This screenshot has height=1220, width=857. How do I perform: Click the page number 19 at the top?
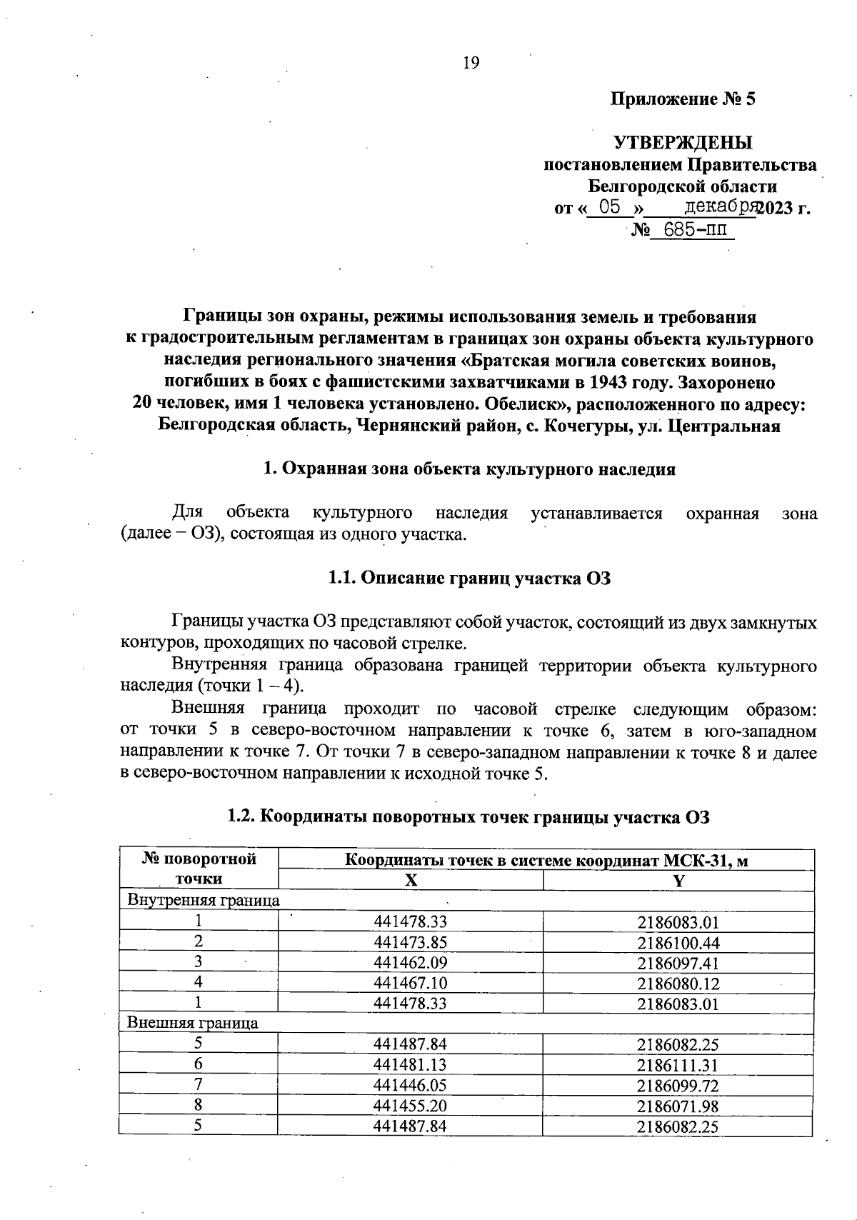pyautogui.click(x=471, y=64)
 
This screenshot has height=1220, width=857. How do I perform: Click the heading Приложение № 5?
pyautogui.click(x=682, y=99)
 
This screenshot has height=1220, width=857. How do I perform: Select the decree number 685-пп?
pyautogui.click(x=689, y=230)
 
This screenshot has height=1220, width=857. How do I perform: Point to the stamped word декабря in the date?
pyautogui.click(x=720, y=207)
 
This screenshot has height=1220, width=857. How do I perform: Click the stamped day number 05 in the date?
pyautogui.click(x=609, y=208)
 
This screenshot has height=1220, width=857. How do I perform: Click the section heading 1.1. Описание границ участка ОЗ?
pyautogui.click(x=469, y=579)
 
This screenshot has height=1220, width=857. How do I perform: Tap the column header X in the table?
pyautogui.click(x=411, y=881)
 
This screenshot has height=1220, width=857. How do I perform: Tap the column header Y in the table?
pyautogui.click(x=678, y=881)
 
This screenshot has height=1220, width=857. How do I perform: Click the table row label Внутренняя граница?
pyautogui.click(x=204, y=900)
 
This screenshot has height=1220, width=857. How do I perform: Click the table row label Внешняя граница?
pyautogui.click(x=193, y=1023)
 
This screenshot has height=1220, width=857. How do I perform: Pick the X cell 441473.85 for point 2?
pyautogui.click(x=410, y=942)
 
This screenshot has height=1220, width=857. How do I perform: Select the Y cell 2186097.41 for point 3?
pyautogui.click(x=678, y=963)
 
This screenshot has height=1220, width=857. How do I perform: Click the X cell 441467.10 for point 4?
pyautogui.click(x=410, y=984)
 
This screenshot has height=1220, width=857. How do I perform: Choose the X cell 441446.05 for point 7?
pyautogui.click(x=410, y=1086)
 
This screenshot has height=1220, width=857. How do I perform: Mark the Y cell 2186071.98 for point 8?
pyautogui.click(x=678, y=1106)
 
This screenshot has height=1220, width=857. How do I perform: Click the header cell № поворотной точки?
pyautogui.click(x=199, y=869)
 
